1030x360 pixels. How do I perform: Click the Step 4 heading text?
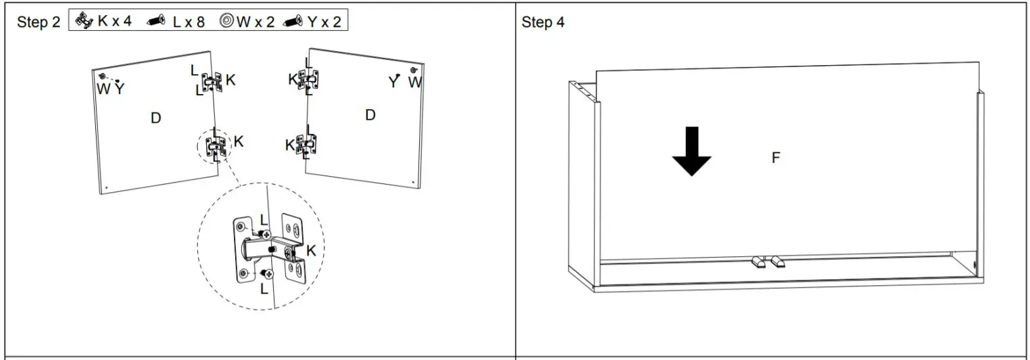[x=543, y=22]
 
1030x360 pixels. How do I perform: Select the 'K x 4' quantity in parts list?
[x=114, y=21]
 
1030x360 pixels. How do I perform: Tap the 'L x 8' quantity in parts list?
[x=189, y=22]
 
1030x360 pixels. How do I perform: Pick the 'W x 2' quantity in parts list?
[x=256, y=22]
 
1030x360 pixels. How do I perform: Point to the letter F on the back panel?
[x=776, y=158]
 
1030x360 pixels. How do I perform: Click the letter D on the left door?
[x=156, y=118]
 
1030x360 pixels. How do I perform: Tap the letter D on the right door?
[x=370, y=115]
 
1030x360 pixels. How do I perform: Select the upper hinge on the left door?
[x=212, y=82]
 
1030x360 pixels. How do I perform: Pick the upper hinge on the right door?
[x=308, y=79]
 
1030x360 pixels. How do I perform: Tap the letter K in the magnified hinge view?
[x=311, y=250]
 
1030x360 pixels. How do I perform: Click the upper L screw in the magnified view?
[x=267, y=234]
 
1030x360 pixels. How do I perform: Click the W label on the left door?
[x=103, y=89]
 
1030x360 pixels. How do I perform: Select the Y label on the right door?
[x=393, y=83]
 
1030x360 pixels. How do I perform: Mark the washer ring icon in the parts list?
[x=227, y=22]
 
